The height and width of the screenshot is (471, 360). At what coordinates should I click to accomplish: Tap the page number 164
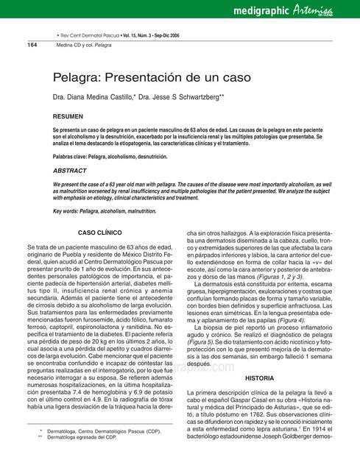point(32,45)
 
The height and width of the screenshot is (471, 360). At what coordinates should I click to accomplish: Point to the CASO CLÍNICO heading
point(99,233)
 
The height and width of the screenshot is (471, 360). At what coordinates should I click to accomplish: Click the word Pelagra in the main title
point(80,77)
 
